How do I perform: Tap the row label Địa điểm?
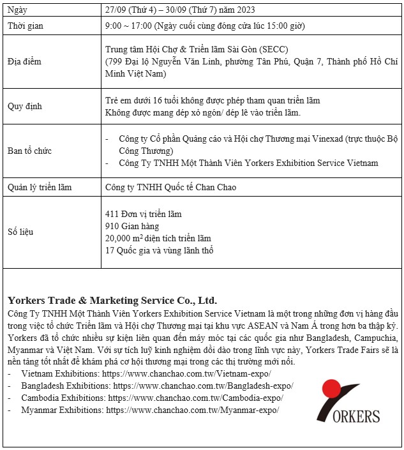[x=24, y=61]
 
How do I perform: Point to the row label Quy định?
[x=24, y=107]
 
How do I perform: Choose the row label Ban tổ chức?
[x=29, y=151]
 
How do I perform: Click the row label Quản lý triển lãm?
[x=40, y=187]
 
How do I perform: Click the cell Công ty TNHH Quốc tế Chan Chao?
[x=170, y=187]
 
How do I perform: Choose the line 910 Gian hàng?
[x=132, y=226]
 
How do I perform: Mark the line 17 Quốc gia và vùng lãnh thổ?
[x=159, y=250]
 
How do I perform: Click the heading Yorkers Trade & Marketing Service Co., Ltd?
[x=112, y=300]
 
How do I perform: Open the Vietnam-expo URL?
[x=186, y=373]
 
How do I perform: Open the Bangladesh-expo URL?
[x=203, y=386]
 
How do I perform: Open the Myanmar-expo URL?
[x=192, y=410]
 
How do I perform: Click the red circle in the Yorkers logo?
[x=332, y=391]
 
